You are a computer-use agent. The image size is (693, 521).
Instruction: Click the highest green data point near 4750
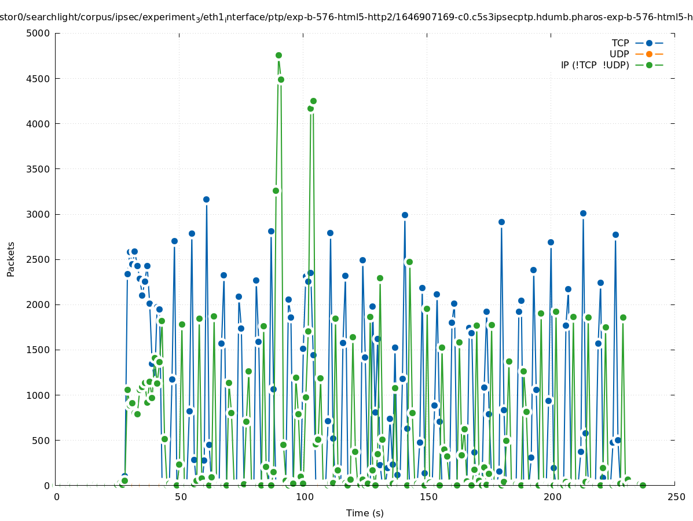pyautogui.click(x=278, y=56)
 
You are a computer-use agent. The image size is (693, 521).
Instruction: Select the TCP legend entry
pyautogui.click(x=620, y=43)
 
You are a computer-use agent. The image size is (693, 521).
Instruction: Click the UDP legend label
pyautogui.click(x=619, y=54)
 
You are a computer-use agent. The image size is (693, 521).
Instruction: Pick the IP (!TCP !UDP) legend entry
pyautogui.click(x=595, y=65)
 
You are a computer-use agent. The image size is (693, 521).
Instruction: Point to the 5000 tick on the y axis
pyautogui.click(x=42, y=33)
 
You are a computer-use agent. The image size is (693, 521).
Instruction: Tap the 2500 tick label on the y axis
pyautogui.click(x=42, y=259)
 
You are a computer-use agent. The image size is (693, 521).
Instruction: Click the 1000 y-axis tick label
pyautogui.click(x=42, y=395)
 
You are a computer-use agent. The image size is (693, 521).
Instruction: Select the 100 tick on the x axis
pyautogui.click(x=305, y=497)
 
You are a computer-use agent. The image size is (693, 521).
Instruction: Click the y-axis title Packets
pyautogui.click(x=11, y=259)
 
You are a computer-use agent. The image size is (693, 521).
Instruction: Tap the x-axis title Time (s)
pyautogui.click(x=365, y=513)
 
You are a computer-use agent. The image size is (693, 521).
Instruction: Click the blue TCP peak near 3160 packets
pyautogui.click(x=206, y=199)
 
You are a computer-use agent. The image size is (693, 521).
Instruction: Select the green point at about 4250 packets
pyautogui.click(x=313, y=101)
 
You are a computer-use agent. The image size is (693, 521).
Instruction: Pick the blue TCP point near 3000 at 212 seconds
pyautogui.click(x=583, y=213)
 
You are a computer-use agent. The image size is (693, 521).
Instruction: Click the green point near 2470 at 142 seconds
pyautogui.click(x=409, y=262)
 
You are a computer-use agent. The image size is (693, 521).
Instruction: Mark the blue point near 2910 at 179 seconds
pyautogui.click(x=501, y=222)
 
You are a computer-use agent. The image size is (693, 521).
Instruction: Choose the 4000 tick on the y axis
pyautogui.click(x=42, y=124)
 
